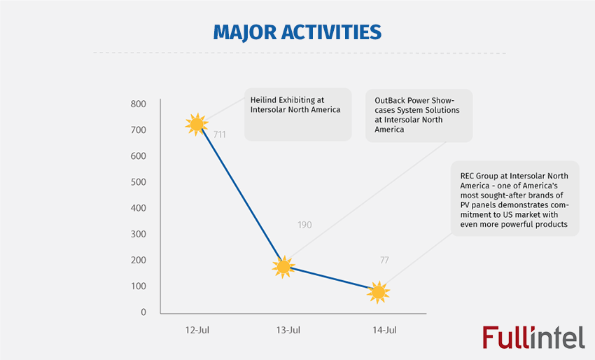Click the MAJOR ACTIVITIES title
tap(297, 32)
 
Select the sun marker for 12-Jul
tap(196, 125)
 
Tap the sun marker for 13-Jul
tap(283, 266)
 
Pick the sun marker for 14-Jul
tap(378, 292)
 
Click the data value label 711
tap(219, 134)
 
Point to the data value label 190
tap(304, 225)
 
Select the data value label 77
tap(384, 261)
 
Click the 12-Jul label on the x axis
tap(195, 329)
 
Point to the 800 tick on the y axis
tap(138, 104)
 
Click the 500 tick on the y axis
tap(138, 182)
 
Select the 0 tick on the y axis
tap(143, 312)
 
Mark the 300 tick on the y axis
tap(138, 234)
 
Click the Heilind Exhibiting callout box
tap(297, 114)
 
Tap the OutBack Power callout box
tap(419, 115)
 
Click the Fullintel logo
tap(533, 337)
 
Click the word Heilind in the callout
tap(263, 100)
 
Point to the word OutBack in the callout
tap(391, 100)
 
